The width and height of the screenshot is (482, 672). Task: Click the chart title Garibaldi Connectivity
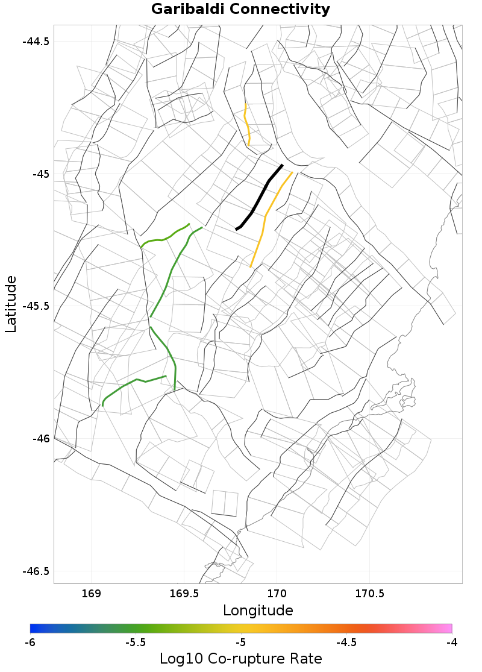tap(240, 10)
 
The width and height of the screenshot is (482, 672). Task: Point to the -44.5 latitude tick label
tap(36, 42)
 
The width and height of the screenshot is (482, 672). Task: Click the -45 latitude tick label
tap(40, 174)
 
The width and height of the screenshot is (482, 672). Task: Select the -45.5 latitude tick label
tap(36, 306)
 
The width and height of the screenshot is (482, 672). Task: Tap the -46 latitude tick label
tap(40, 439)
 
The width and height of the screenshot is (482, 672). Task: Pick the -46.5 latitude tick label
tap(36, 571)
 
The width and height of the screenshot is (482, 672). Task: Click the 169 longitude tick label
tap(91, 594)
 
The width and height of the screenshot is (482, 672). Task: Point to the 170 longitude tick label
tap(277, 594)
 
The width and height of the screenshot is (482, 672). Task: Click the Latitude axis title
tap(11, 304)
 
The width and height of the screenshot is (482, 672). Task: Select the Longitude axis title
tap(258, 611)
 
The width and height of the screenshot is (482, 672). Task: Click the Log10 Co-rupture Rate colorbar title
tap(240, 659)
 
